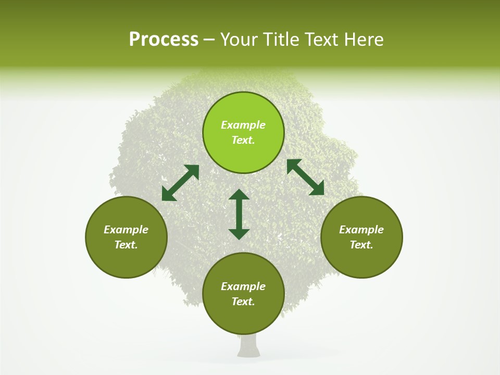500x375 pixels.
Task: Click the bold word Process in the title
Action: pos(164,40)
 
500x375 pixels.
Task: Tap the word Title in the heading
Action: pos(279,40)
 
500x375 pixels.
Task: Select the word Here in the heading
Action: pos(365,40)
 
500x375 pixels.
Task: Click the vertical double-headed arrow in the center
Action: pos(239,214)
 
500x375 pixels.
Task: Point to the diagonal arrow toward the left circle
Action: pos(180,183)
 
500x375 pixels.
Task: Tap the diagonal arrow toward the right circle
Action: pos(306,177)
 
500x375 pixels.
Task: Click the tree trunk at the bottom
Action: pos(248,346)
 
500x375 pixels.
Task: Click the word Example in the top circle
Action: pos(243,125)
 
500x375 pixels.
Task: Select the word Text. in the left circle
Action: pos(126,245)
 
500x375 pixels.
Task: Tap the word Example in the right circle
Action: pos(361,230)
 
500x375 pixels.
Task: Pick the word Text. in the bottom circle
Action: pos(243,302)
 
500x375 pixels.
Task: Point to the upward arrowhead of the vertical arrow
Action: pos(239,195)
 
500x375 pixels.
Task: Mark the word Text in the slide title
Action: pos(324,40)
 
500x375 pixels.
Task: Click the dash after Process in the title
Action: pos(209,40)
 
